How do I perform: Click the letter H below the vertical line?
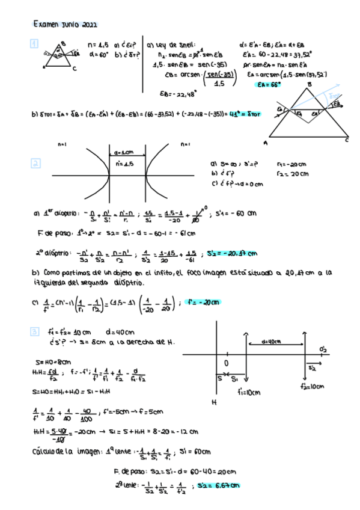(213, 402)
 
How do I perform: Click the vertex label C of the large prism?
(346, 140)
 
